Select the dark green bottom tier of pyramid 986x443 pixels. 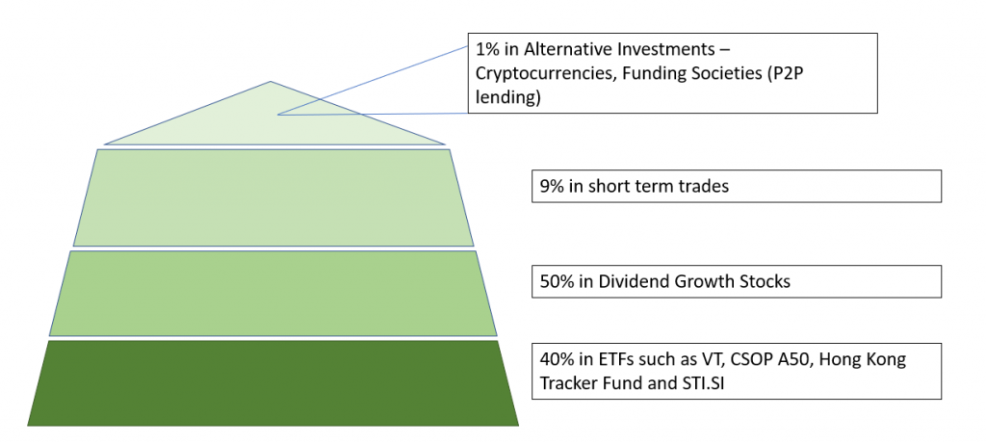tap(272, 383)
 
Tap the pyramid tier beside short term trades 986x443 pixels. tap(273, 197)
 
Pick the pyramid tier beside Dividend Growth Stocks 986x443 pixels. tap(272, 293)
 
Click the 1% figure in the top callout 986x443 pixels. tap(486, 48)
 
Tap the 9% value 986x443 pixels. tap(551, 186)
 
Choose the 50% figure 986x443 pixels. tap(557, 281)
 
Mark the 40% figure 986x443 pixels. tap(557, 360)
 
